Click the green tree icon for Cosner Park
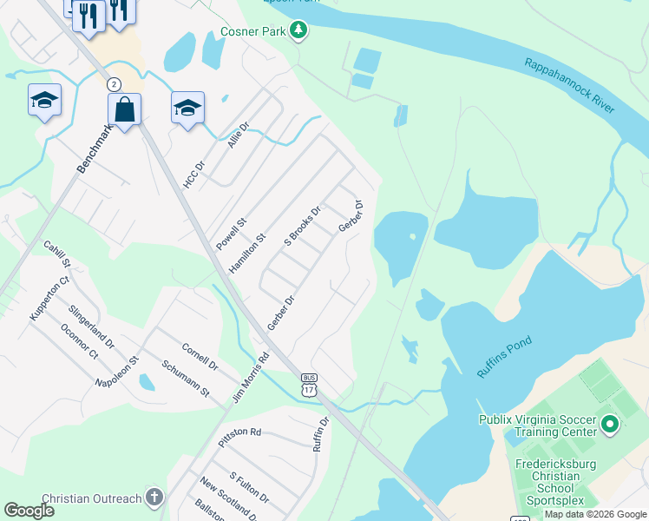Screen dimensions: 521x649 tap(298, 31)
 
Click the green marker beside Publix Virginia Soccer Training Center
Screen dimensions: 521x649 tap(609, 425)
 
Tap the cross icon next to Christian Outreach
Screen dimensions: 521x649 tap(154, 498)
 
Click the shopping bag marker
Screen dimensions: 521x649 tap(125, 111)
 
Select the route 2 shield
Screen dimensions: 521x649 tap(114, 84)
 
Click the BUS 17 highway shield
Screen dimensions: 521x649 tap(309, 385)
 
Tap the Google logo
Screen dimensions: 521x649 tap(29, 511)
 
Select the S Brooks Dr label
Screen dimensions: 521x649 tap(303, 225)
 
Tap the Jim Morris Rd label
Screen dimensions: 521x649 tap(251, 377)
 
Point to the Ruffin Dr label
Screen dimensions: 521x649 tap(321, 434)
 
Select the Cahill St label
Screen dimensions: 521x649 tap(57, 254)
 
